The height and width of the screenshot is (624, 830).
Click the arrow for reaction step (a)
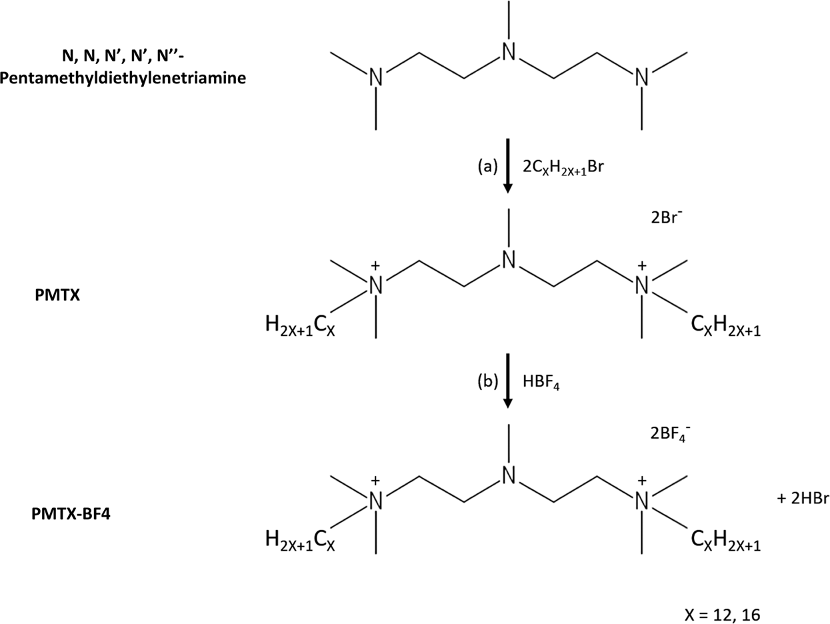(x=509, y=166)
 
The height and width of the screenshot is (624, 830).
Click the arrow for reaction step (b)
(x=509, y=382)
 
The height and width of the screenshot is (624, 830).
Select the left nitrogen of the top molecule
(x=376, y=78)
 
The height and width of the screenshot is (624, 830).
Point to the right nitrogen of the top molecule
(x=641, y=78)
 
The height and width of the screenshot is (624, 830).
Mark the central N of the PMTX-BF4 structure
(x=509, y=474)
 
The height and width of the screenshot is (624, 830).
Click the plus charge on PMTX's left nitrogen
(x=375, y=265)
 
